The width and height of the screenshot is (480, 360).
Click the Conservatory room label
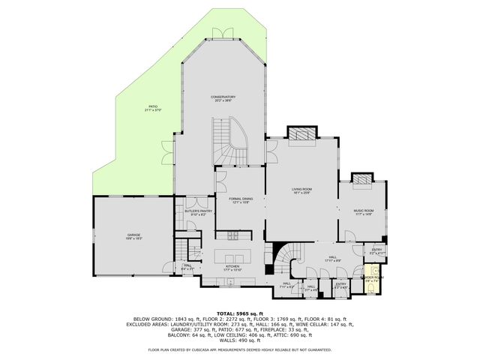click(x=223, y=98)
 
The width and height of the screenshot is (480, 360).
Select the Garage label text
click(x=133, y=236)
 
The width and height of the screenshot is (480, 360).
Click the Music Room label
click(x=363, y=211)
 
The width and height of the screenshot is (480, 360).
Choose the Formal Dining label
click(x=240, y=200)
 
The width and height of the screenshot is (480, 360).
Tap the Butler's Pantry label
click(x=188, y=213)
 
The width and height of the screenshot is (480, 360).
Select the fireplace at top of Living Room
click(x=301, y=132)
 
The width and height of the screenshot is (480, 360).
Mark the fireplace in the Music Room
click(x=362, y=179)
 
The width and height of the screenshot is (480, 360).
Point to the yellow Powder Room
click(x=371, y=282)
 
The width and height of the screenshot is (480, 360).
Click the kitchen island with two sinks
click(x=228, y=248)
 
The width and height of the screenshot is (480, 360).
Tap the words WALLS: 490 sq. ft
click(x=239, y=341)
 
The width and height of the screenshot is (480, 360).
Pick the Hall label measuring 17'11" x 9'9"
click(x=333, y=259)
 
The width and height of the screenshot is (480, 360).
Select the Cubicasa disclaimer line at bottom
click(x=239, y=349)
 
